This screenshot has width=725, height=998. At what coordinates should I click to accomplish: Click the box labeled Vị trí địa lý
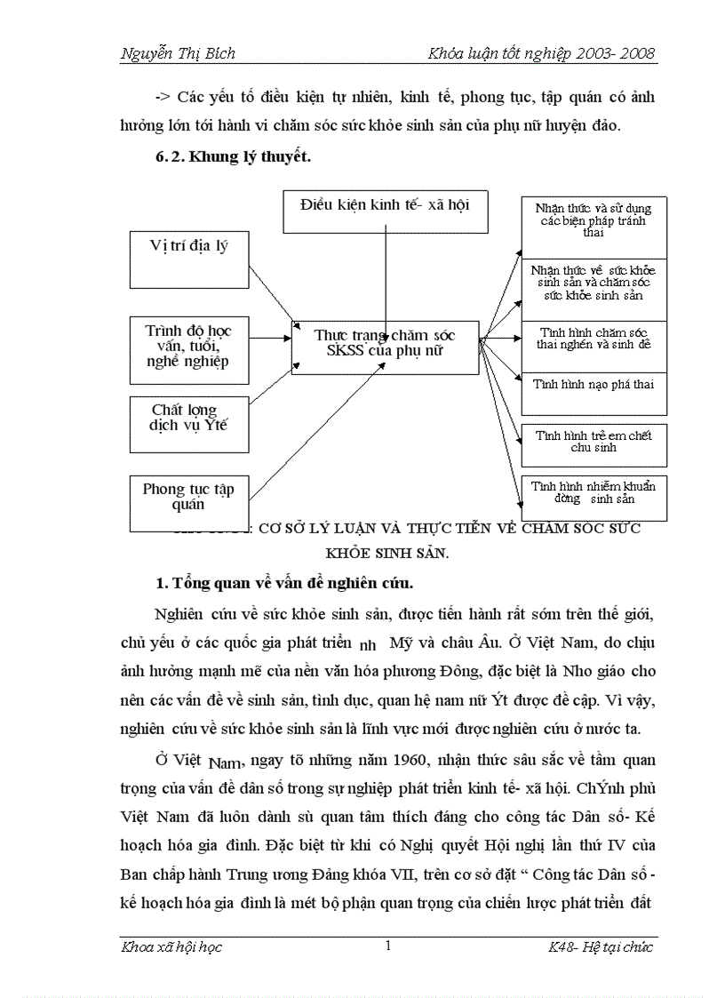pos(188,258)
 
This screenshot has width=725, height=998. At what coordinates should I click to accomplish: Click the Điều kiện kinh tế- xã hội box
pos(386,211)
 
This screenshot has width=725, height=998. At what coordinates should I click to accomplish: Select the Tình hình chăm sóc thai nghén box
pos(594,343)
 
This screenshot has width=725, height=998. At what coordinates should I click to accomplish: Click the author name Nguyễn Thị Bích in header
pos(179,53)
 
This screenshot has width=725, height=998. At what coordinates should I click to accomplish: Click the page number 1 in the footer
pos(388,946)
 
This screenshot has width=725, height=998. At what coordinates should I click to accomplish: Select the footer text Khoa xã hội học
pos(171,947)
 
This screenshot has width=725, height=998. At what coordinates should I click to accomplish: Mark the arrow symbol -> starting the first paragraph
pos(163,95)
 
